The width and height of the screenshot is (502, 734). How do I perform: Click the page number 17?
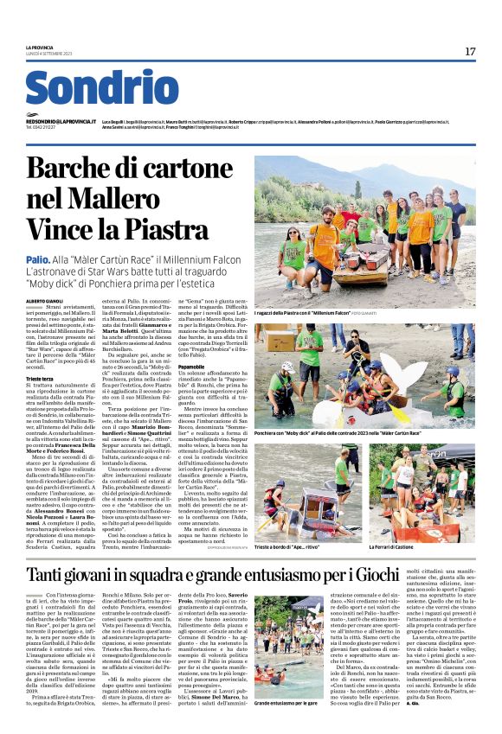[x=470, y=52]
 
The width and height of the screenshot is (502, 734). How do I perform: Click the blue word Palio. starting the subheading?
[x=37, y=258]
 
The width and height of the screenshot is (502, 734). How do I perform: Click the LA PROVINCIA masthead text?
[x=40, y=48]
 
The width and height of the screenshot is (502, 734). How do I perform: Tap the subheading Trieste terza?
[x=42, y=380]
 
